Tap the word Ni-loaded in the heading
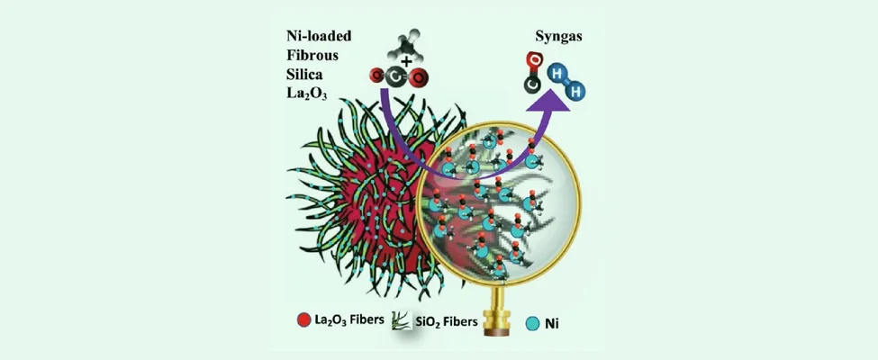tap(317, 36)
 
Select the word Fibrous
tap(306, 55)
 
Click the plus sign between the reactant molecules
tap(406, 61)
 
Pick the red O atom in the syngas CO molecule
tap(532, 61)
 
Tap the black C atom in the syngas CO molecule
tap(532, 84)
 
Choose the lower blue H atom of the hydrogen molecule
tap(575, 91)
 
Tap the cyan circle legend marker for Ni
tap(533, 322)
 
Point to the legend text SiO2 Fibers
tap(447, 321)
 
